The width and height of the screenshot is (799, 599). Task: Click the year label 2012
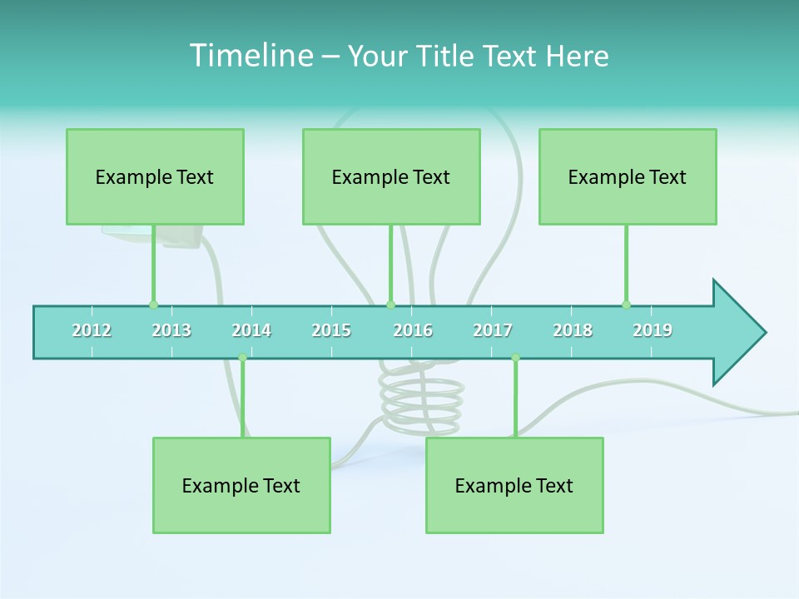92,330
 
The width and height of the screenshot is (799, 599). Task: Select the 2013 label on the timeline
171,330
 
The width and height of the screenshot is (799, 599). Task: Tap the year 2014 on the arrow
251,330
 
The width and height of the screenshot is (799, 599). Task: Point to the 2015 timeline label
331,330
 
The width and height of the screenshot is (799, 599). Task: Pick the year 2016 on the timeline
413,330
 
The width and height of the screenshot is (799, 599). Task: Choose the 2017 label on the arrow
493,330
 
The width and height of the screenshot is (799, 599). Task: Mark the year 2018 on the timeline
573,330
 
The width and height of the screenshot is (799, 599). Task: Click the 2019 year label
653,330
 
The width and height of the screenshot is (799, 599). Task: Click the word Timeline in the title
251,56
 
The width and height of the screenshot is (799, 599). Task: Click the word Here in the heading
577,56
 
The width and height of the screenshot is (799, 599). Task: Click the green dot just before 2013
153,304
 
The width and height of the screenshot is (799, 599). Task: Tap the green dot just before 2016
390,304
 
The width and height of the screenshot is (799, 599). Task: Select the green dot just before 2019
626,304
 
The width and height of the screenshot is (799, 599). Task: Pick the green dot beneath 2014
242,358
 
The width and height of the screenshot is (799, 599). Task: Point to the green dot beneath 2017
515,358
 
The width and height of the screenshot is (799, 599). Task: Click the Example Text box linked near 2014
241,486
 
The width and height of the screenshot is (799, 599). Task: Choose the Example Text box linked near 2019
628,177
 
